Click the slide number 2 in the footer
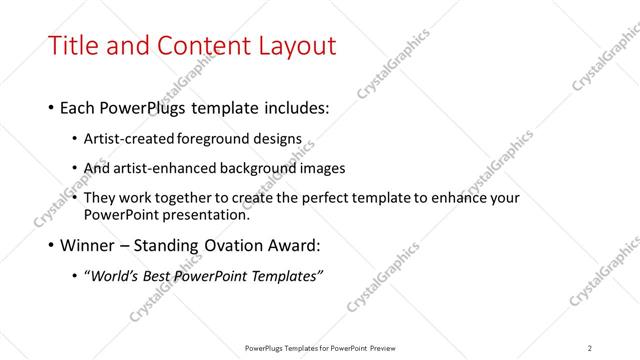coord(590,347)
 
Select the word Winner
coord(88,245)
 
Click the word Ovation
coord(233,245)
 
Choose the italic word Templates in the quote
coord(286,276)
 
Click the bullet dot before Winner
coord(51,246)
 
